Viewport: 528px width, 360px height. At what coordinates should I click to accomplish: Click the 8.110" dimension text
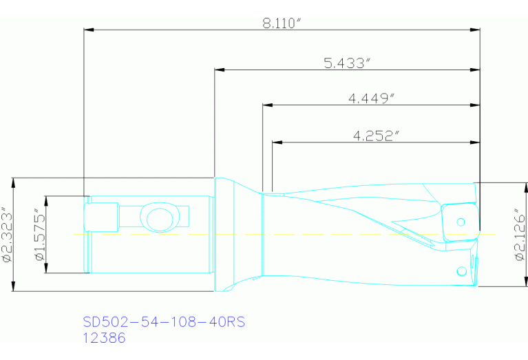[x=282, y=23]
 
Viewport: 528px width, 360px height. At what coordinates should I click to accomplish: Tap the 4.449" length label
[x=371, y=98]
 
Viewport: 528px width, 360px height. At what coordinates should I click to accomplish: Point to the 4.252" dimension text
[x=376, y=136]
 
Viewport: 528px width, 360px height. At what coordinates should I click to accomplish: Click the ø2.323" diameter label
[x=6, y=234]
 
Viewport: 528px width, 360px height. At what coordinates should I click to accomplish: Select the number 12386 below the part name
[x=104, y=338]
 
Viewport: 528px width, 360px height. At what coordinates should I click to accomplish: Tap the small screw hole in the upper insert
[x=461, y=222]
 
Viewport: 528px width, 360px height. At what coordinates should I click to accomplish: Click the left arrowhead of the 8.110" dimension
[x=88, y=30]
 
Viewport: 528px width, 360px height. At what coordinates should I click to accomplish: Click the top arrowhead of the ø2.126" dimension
[x=511, y=186]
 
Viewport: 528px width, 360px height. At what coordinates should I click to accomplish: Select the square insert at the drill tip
[x=458, y=222]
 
